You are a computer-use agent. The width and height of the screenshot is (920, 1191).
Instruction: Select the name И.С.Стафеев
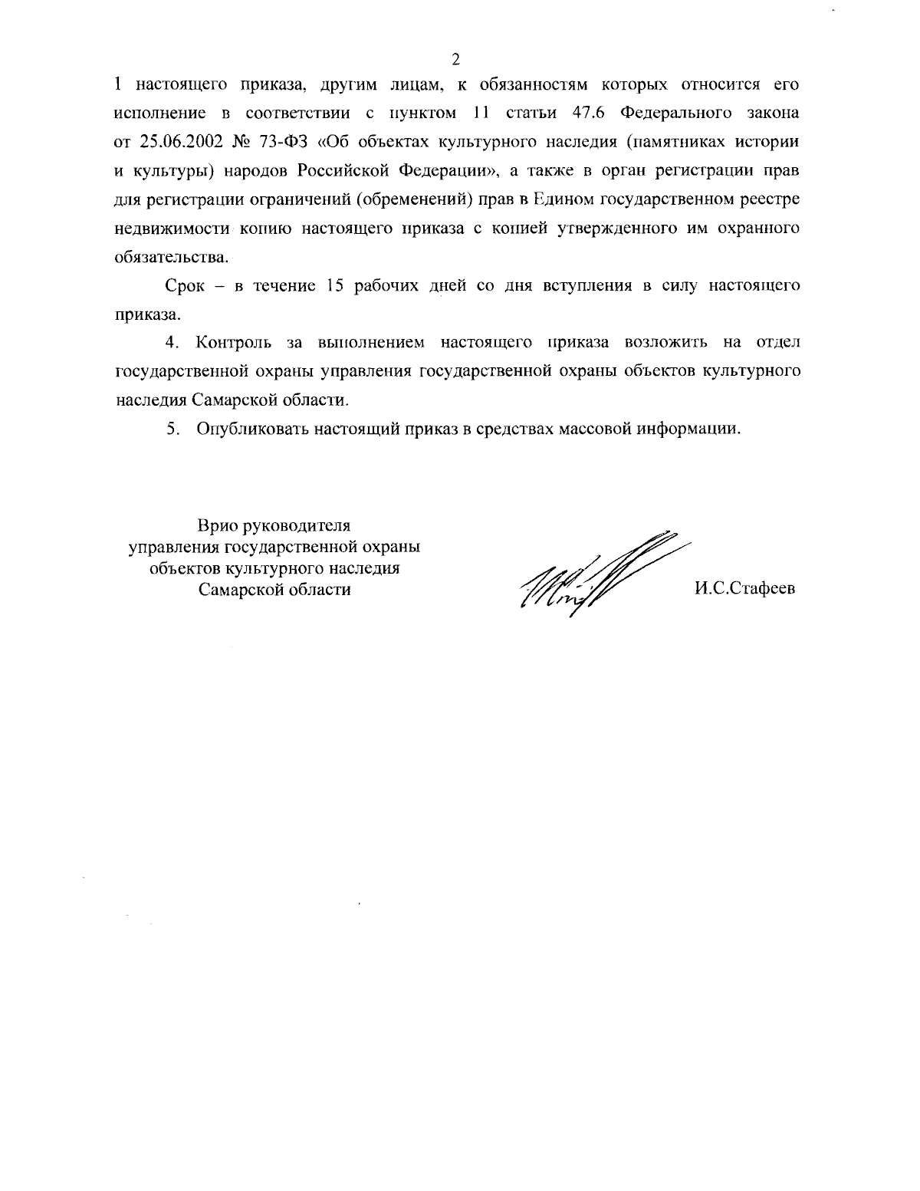point(744,590)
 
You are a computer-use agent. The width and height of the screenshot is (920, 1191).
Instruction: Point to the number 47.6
point(590,114)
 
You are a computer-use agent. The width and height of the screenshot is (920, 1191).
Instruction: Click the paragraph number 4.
point(172,343)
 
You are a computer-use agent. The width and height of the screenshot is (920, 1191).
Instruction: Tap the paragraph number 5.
point(172,429)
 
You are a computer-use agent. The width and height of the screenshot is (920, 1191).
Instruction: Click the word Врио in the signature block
point(219,526)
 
